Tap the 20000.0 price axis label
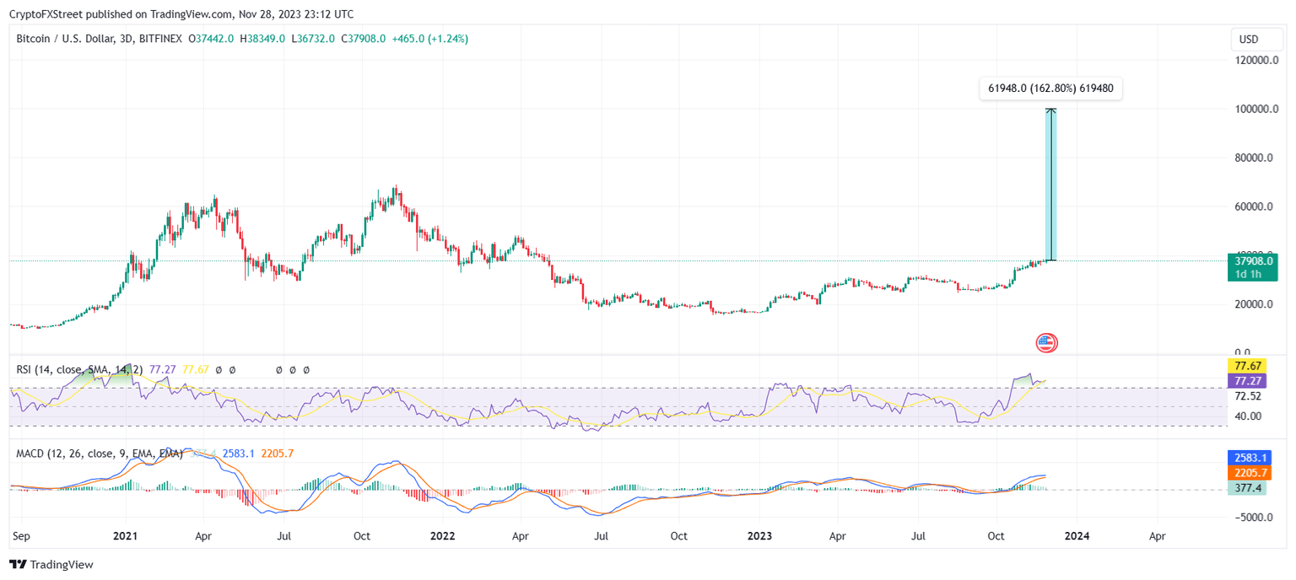click(x=1251, y=304)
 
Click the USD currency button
click(x=1248, y=40)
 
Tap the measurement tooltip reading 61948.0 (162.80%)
click(x=1050, y=89)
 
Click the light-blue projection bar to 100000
click(x=1050, y=185)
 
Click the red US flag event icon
click(x=1046, y=342)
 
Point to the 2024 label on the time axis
click(x=1075, y=535)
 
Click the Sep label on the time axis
click(x=23, y=535)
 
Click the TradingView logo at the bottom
click(x=51, y=565)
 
